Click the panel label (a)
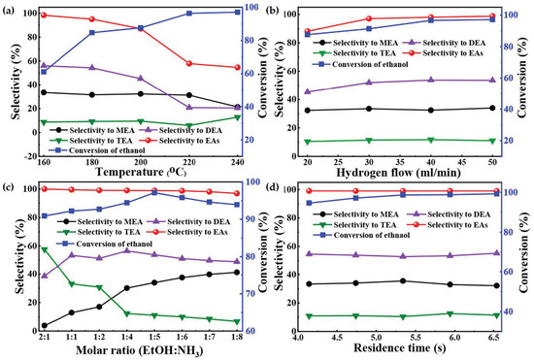pyautogui.click(x=13, y=9)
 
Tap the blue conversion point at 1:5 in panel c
pyautogui.click(x=154, y=192)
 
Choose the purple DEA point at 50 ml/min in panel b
pyautogui.click(x=496, y=81)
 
